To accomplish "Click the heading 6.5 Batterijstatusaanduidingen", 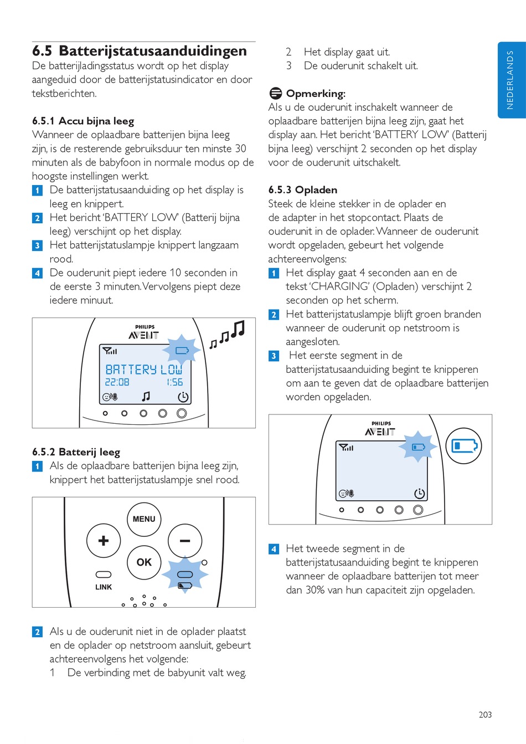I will coord(140,51).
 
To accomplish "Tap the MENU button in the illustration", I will coord(144,519).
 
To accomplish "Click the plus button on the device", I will coord(104,541).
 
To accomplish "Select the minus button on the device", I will coord(185,541).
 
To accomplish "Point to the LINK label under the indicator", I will coord(104,587).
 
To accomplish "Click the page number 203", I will coord(485,715).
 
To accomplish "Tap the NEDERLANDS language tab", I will coord(510,80).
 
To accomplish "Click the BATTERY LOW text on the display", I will coord(143,370).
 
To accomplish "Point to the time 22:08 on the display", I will coord(117,382).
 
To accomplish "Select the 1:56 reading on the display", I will coord(174,382).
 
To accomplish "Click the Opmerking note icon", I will coord(275,93).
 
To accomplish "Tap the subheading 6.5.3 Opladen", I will coord(303,190).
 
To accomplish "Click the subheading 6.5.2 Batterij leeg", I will coord(76,452).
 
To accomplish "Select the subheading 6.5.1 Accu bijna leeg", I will coord(83,121).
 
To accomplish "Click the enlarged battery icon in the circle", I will coord(463,446).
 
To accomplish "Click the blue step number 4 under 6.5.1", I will coord(38,273).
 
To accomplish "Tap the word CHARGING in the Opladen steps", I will coord(339,286).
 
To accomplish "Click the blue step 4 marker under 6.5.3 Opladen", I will coord(274,549).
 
